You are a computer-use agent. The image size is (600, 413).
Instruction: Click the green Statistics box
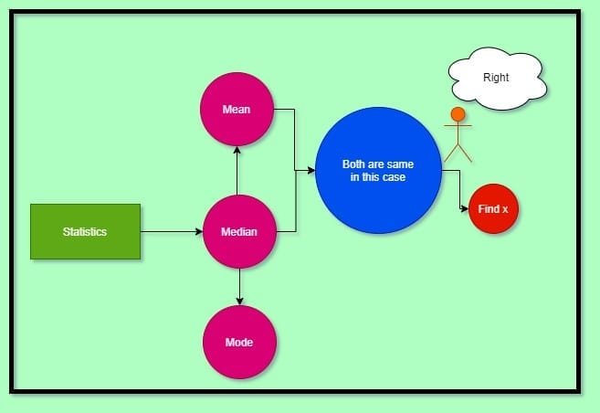(85, 231)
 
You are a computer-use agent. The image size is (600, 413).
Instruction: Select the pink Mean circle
(237, 109)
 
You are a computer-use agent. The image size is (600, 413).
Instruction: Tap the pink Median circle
(238, 232)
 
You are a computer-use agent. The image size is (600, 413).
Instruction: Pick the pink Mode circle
(238, 342)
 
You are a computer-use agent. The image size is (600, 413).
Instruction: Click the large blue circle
(378, 170)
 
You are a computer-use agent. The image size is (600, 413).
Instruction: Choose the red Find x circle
(493, 209)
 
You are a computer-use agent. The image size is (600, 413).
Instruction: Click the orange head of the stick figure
(458, 114)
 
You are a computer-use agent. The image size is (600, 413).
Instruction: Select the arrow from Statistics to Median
(171, 232)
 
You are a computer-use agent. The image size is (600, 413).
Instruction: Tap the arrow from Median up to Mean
(237, 170)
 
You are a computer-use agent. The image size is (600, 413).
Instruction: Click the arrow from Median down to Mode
(239, 287)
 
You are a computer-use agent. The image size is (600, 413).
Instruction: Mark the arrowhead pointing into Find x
(464, 209)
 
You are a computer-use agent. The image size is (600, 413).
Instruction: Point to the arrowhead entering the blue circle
(311, 170)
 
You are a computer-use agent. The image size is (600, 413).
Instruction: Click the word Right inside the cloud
(497, 79)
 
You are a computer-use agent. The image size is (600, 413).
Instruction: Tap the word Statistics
(85, 231)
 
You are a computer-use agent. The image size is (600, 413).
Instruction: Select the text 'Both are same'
(378, 164)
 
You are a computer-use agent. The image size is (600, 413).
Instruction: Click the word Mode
(238, 343)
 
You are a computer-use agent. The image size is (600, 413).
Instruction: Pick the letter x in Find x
(504, 210)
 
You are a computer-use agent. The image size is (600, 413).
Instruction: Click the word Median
(238, 232)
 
